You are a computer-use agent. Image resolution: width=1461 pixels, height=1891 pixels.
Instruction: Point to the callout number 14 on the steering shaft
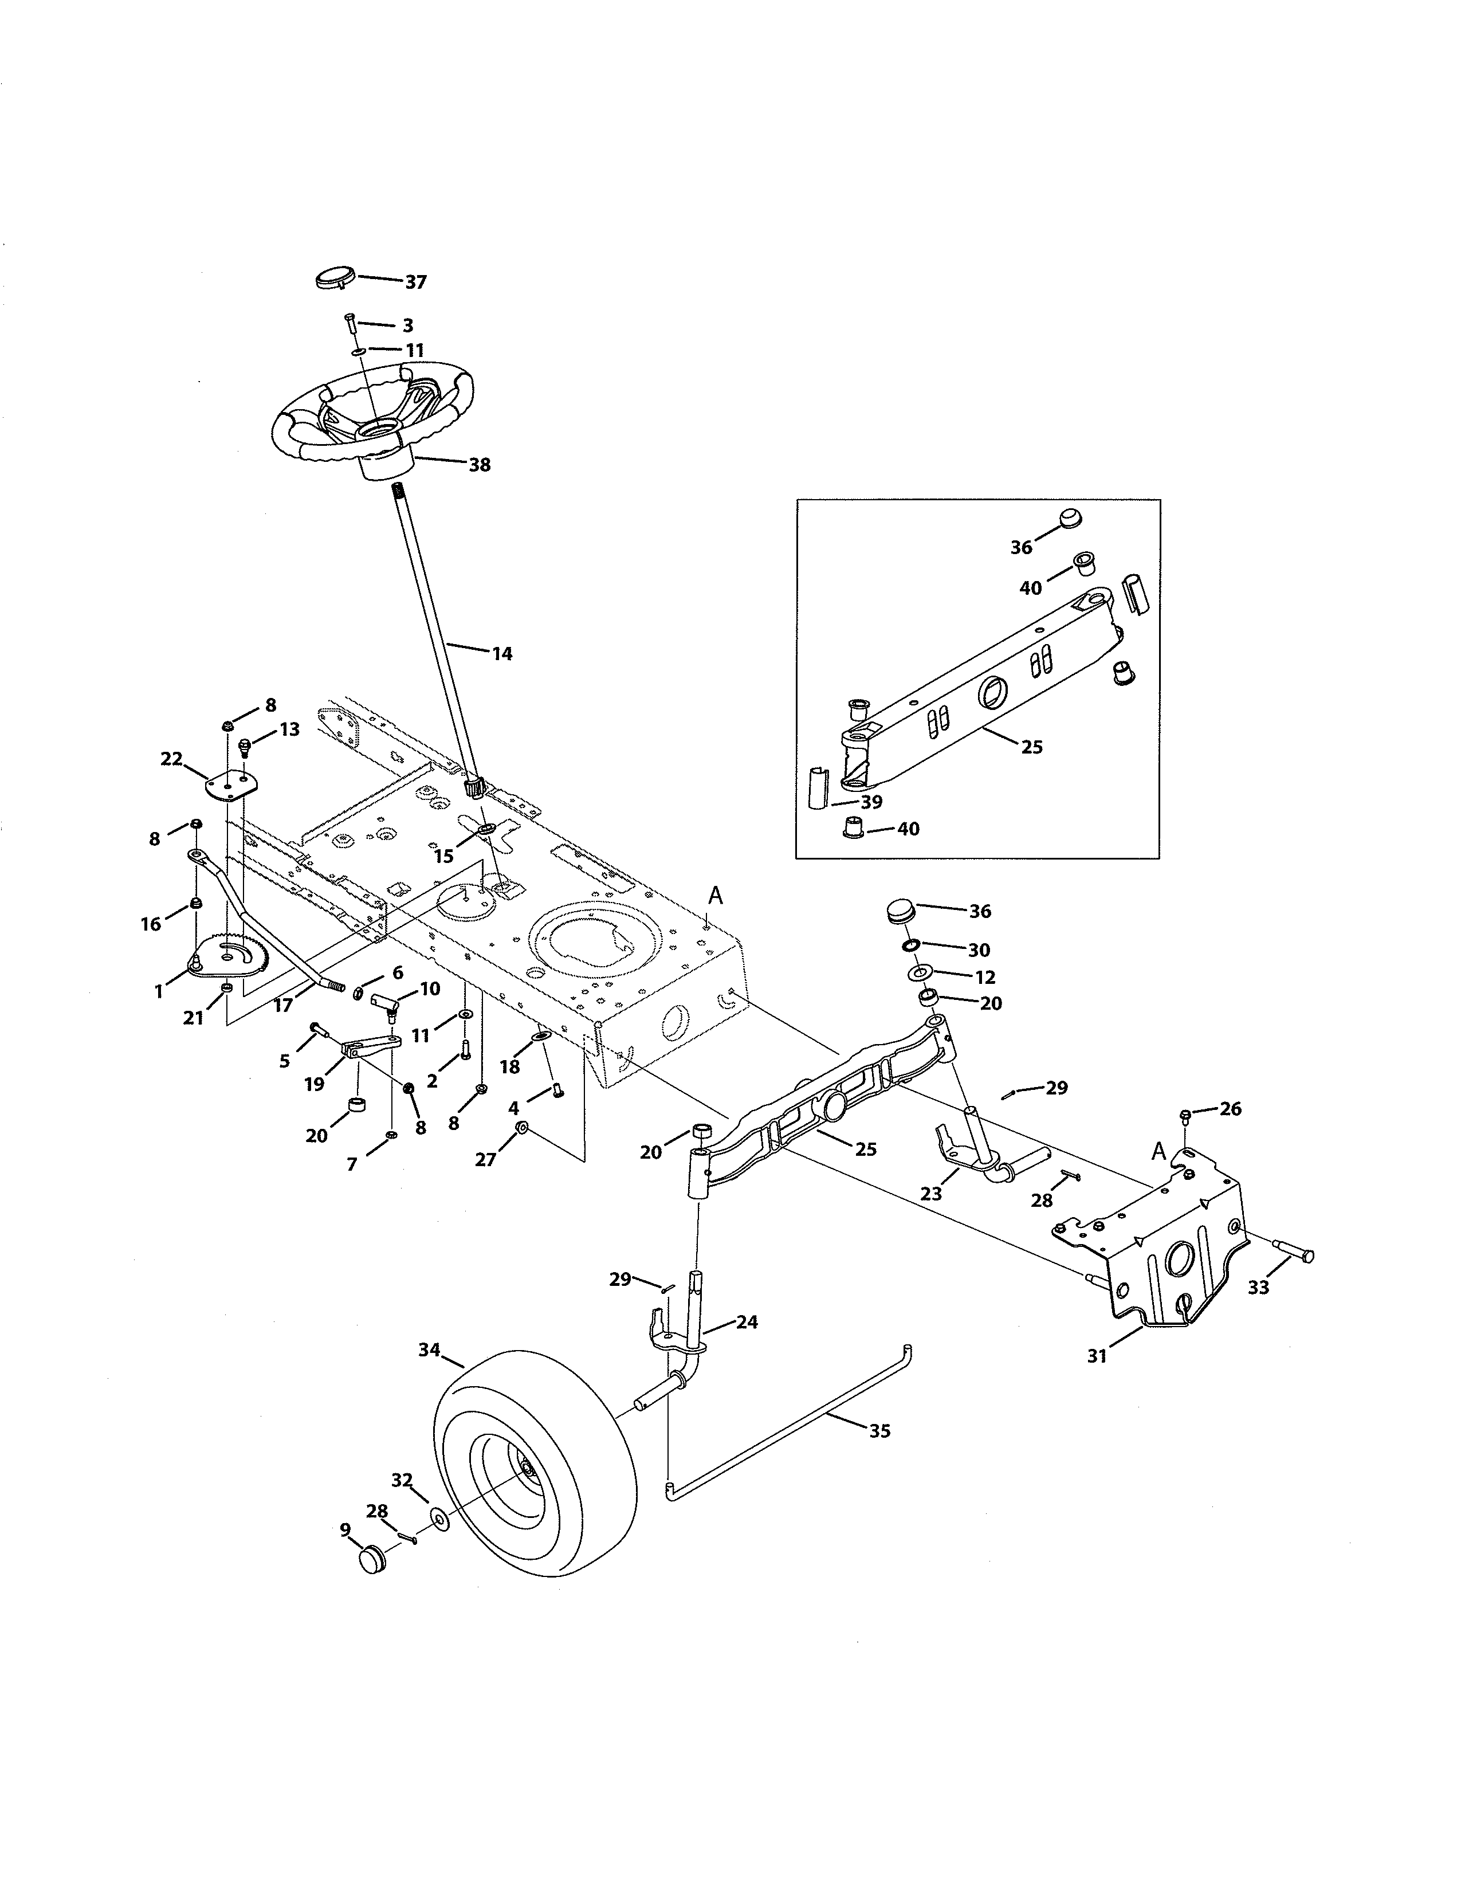[x=502, y=654]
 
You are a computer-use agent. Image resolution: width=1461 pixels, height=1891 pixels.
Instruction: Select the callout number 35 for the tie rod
[x=879, y=1431]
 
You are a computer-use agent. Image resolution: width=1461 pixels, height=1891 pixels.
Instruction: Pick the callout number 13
[x=289, y=730]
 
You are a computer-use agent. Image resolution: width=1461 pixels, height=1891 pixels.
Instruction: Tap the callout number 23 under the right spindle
[x=931, y=1193]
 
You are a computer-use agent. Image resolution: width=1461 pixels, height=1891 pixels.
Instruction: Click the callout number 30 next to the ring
[x=979, y=950]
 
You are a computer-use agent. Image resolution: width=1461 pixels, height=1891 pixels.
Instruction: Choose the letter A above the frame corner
[x=716, y=896]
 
